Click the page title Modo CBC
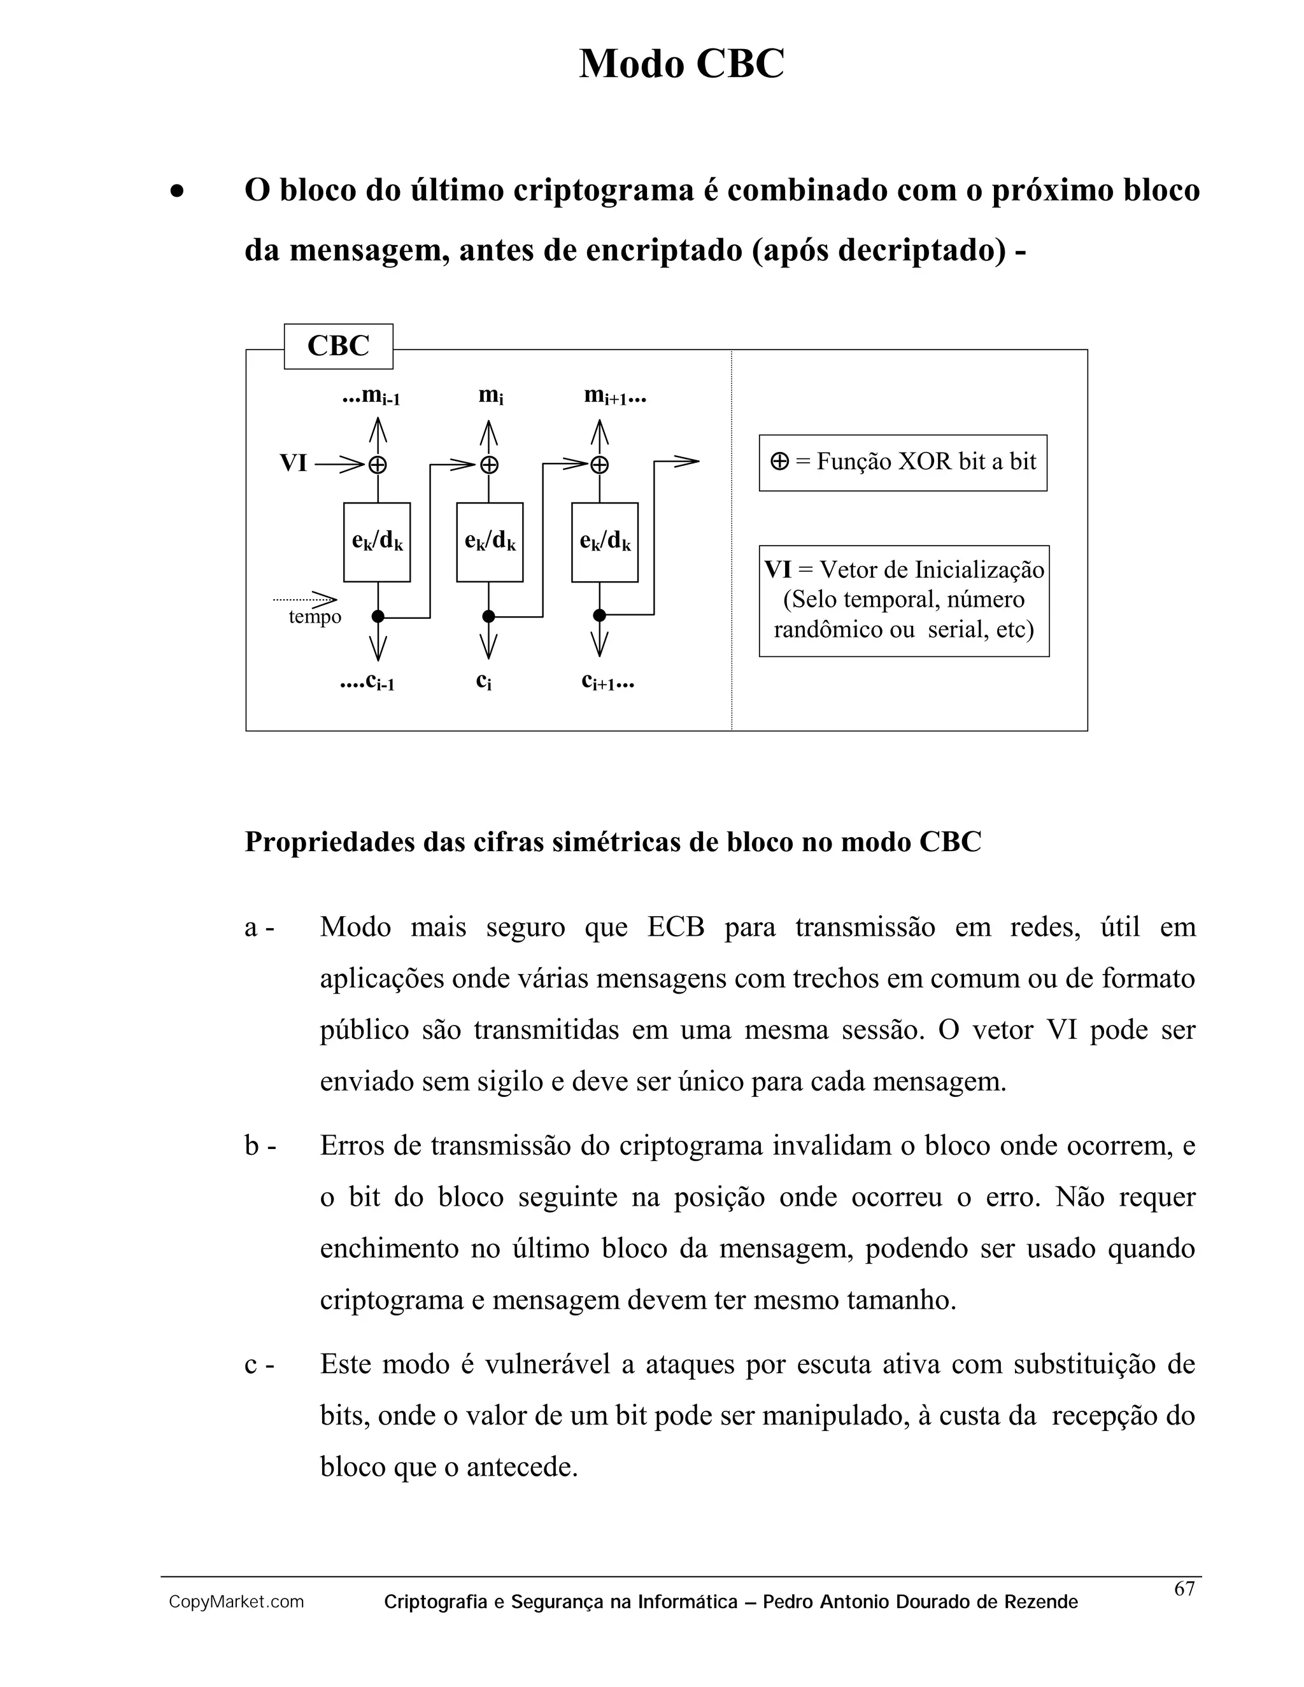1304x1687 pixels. coord(681,63)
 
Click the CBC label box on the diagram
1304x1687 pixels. coord(338,346)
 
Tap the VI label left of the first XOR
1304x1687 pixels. coord(294,463)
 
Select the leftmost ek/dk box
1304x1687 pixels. coord(377,542)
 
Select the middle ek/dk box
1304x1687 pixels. coord(490,542)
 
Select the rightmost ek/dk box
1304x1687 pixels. coord(605,542)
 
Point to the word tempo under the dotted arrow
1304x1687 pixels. coord(315,617)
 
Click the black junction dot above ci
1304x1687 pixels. coord(488,616)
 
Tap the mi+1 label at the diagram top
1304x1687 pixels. coord(614,396)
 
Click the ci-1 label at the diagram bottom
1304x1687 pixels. coord(369,682)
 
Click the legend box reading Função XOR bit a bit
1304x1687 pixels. coord(903,463)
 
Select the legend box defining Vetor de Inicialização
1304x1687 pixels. coord(904,601)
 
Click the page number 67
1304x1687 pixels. coord(1184,1590)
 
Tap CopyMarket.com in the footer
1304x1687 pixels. coord(236,1603)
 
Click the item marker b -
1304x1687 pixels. coord(260,1147)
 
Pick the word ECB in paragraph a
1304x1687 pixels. coord(676,927)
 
